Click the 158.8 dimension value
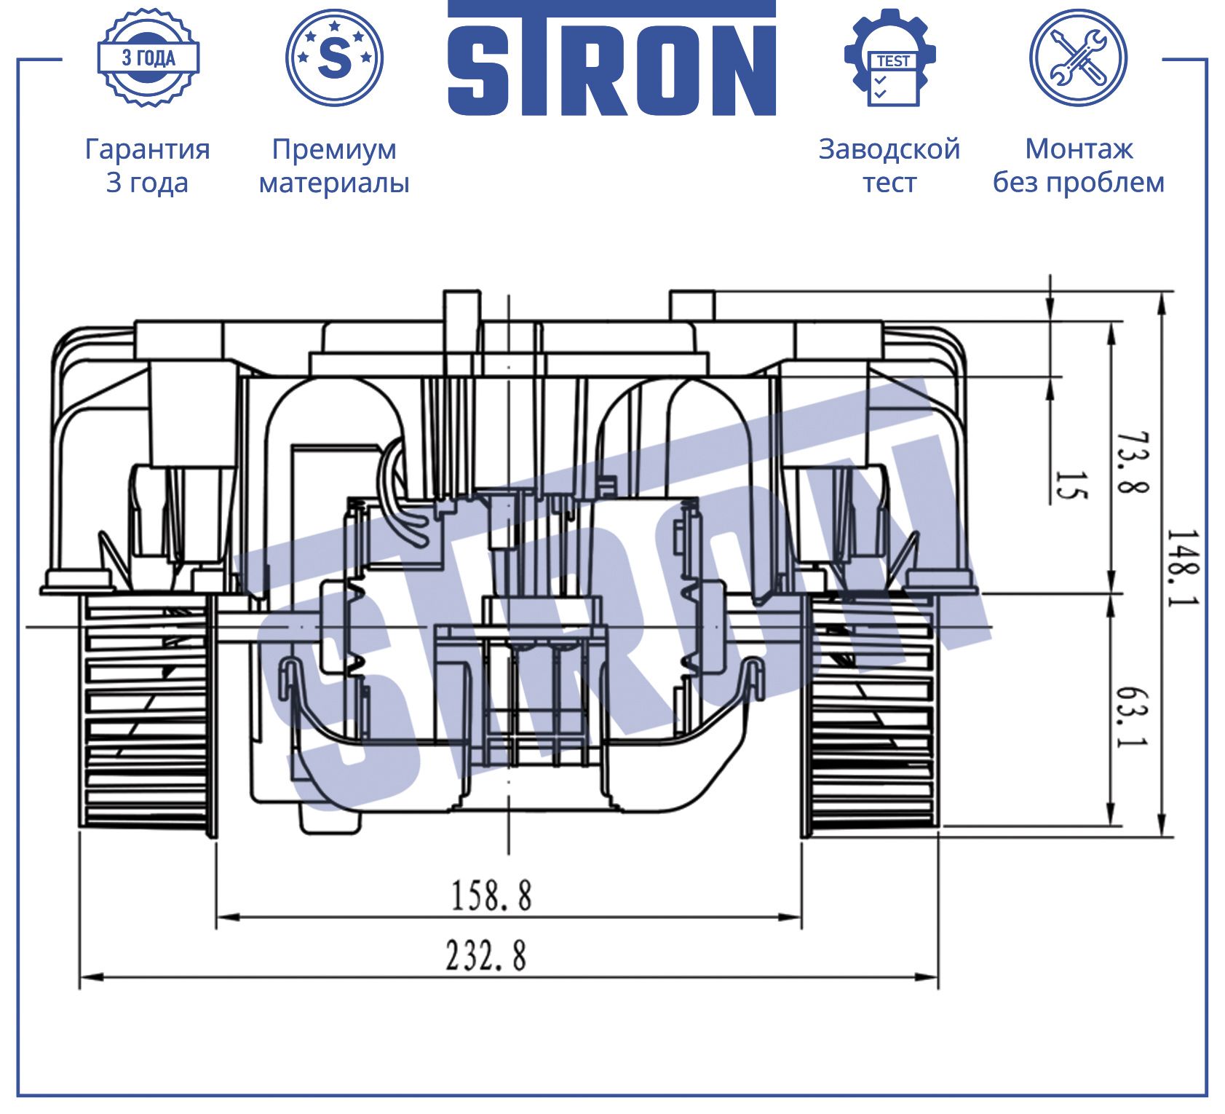pyautogui.click(x=491, y=895)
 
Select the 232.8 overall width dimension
pyautogui.click(x=485, y=955)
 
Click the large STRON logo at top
pyautogui.click(x=611, y=58)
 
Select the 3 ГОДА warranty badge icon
pyautogui.click(x=148, y=58)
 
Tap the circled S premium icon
pyautogui.click(x=335, y=58)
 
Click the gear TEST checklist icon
pyautogui.click(x=890, y=58)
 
